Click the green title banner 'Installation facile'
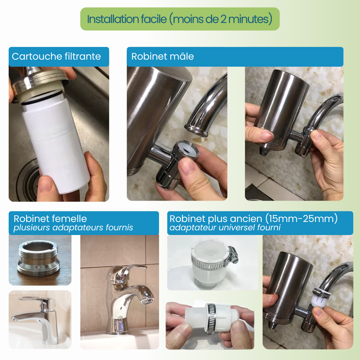(180, 19)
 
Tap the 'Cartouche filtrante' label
(56, 56)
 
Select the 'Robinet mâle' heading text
(162, 56)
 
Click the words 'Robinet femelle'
(50, 219)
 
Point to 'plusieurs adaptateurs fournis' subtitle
(73, 228)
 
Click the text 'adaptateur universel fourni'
(225, 228)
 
